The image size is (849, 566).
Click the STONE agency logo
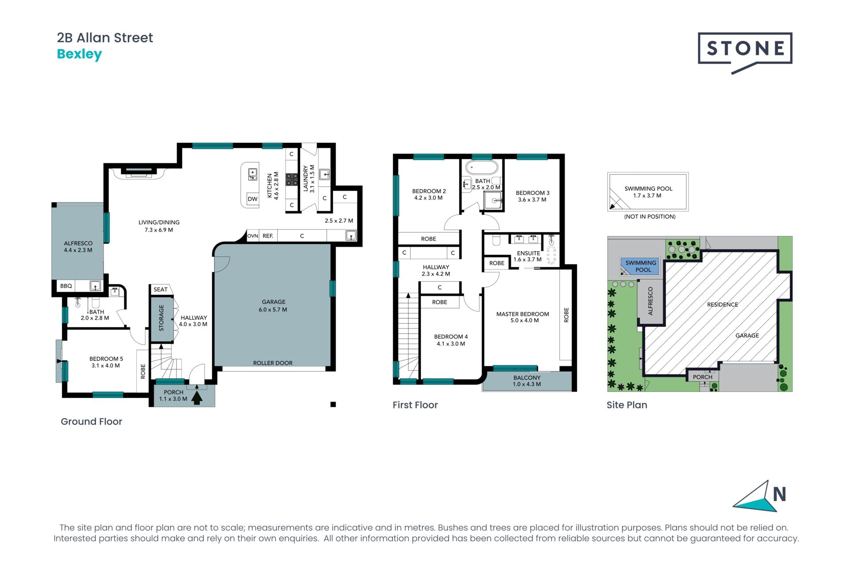[745, 53]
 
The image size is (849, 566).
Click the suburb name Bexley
[80, 54]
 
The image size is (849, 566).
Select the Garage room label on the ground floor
[273, 306]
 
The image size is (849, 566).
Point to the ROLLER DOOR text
[273, 363]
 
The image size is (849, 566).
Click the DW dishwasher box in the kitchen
[252, 199]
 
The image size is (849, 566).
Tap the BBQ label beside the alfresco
[66, 286]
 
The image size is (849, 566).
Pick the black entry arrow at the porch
[197, 397]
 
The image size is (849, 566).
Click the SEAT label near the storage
[161, 290]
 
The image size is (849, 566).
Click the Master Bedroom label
[523, 317]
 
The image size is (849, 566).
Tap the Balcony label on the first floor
[527, 381]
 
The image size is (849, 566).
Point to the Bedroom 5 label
[106, 362]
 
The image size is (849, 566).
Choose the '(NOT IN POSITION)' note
[650, 217]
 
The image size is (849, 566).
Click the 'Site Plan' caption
[627, 405]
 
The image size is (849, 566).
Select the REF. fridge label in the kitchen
[268, 236]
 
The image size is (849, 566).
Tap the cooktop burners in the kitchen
[292, 179]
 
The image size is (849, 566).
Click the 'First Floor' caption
[415, 405]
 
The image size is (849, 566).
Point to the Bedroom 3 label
[532, 196]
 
